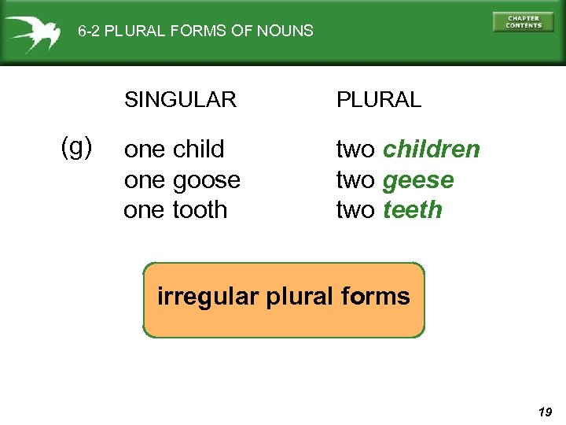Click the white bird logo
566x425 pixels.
pyautogui.click(x=32, y=32)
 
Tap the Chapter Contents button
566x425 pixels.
pyautogui.click(x=523, y=22)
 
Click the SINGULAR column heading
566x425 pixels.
pyautogui.click(x=180, y=100)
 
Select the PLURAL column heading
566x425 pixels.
pyautogui.click(x=379, y=100)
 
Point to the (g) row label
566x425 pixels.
pyautogui.click(x=77, y=146)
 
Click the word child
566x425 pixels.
pyautogui.click(x=199, y=149)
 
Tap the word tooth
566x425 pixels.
pyautogui.click(x=200, y=210)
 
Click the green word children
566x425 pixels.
pyautogui.click(x=432, y=149)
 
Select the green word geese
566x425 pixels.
pyautogui.click(x=418, y=180)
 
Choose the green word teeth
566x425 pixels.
pyautogui.click(x=413, y=210)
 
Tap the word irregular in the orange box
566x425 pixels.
pyautogui.click(x=197, y=297)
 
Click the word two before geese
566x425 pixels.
pyautogui.click(x=355, y=180)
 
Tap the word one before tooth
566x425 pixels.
pyautogui.click(x=144, y=210)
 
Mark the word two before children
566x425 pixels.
pyautogui.click(x=355, y=149)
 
